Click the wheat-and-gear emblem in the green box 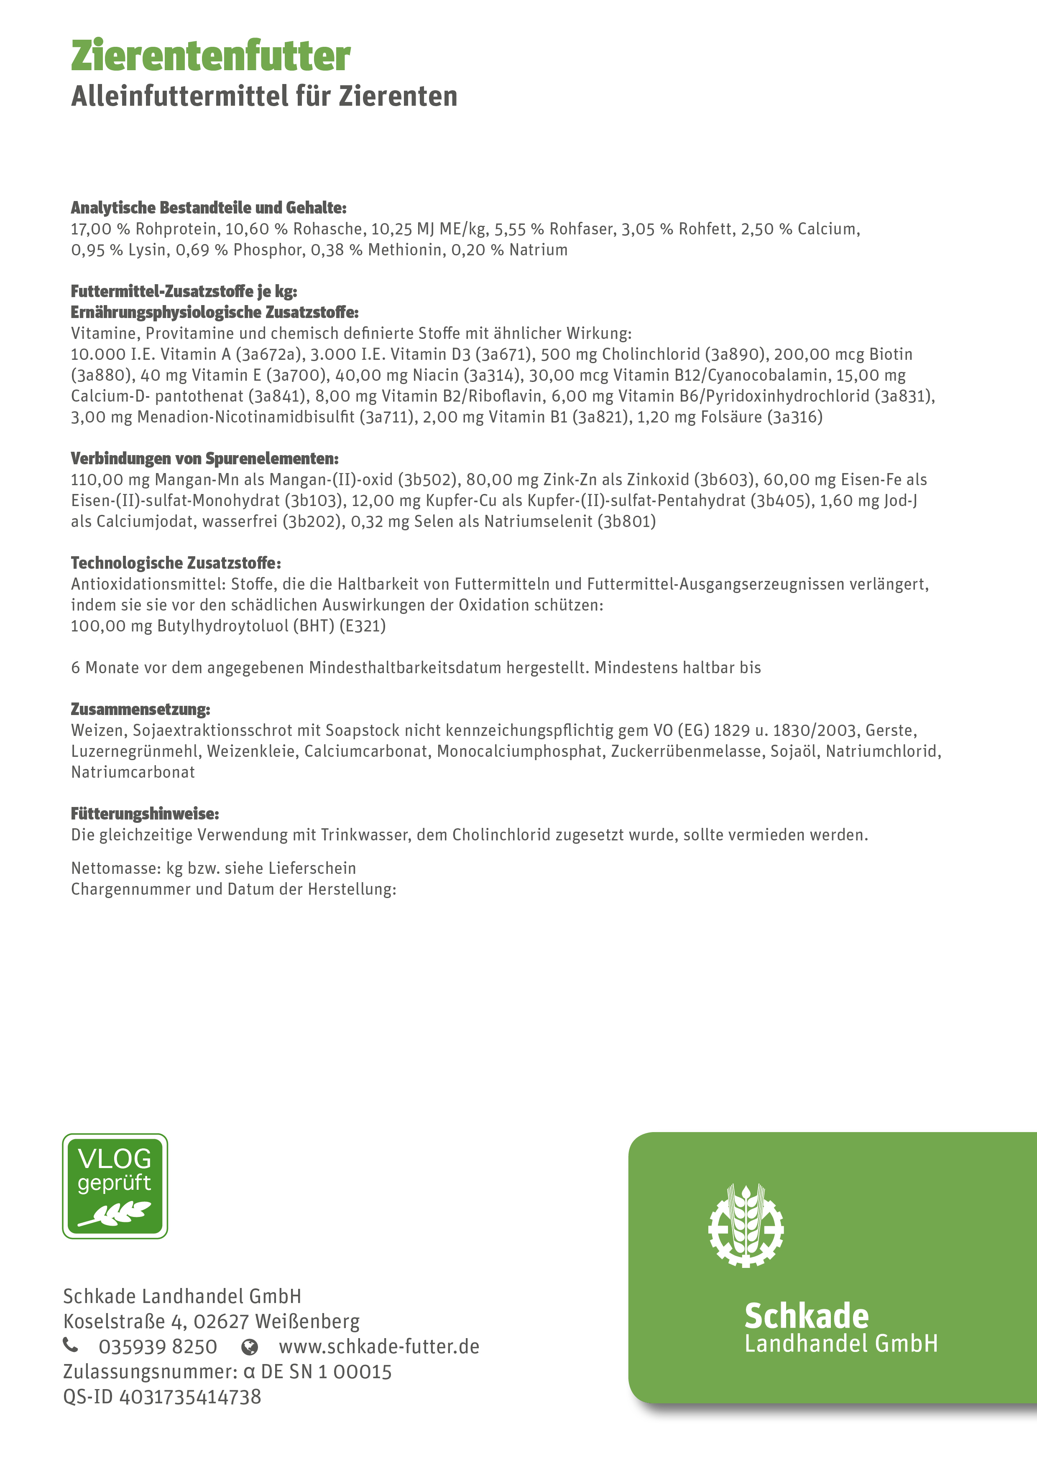point(746,1226)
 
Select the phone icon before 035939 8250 point(70,1345)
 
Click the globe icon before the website point(249,1346)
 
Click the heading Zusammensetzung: point(140,709)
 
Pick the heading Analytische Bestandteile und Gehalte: point(208,208)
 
